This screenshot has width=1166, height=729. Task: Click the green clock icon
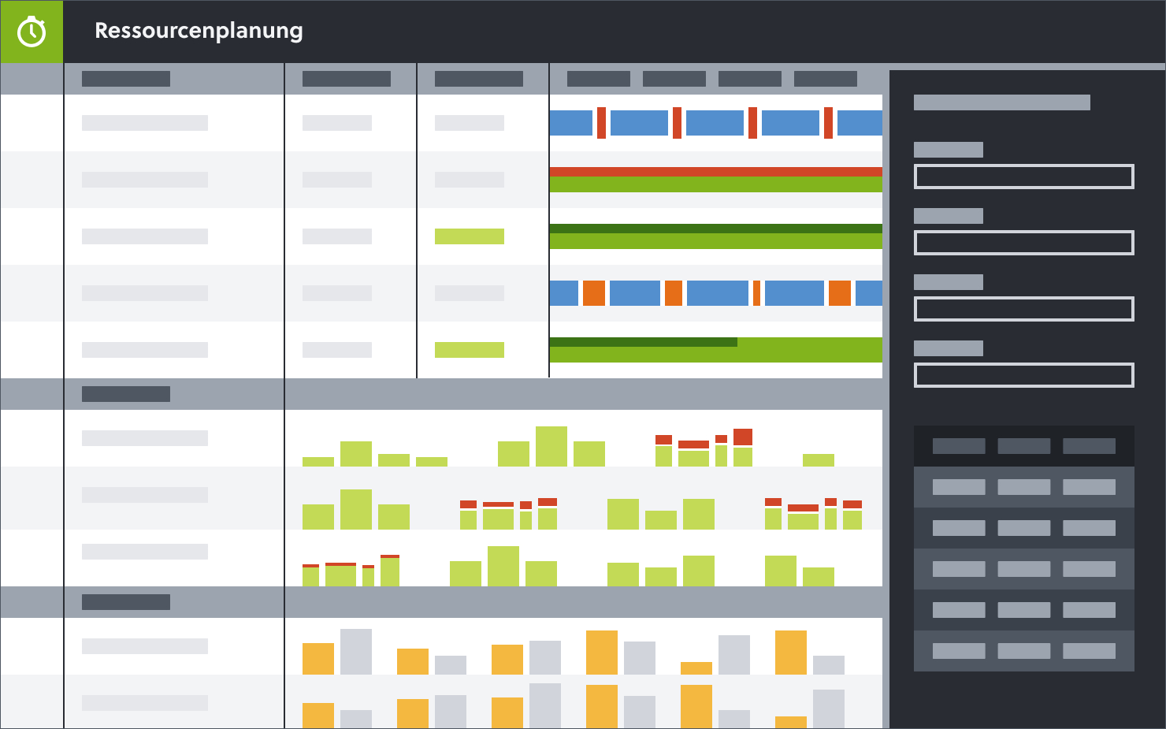[x=32, y=32]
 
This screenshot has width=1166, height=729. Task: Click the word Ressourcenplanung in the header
[x=199, y=31]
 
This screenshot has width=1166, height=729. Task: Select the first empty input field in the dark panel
[x=1023, y=177]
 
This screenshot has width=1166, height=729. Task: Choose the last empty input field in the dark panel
[x=1023, y=375]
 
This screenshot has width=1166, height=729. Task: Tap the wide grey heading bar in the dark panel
[x=1001, y=102]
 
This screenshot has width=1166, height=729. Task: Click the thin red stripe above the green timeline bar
[x=715, y=171]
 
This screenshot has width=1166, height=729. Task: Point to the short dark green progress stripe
[x=643, y=342]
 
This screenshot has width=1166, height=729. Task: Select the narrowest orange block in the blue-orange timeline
[x=756, y=293]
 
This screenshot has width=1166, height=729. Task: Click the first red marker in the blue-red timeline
[x=601, y=123]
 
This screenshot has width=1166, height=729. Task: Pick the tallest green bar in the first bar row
[x=551, y=447]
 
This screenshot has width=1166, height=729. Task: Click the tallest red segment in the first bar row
[x=743, y=437]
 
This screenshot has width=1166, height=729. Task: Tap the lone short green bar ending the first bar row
[x=819, y=460]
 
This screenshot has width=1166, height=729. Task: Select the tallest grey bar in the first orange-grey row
[x=356, y=652]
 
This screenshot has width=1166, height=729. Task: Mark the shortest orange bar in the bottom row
[x=791, y=722]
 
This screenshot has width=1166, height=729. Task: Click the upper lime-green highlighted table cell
[x=470, y=236]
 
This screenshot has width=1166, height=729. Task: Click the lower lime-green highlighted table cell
[x=470, y=350]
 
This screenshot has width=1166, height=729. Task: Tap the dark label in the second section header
[x=126, y=394]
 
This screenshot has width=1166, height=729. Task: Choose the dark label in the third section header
[x=126, y=602]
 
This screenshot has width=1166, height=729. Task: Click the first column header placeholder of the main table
[x=126, y=79]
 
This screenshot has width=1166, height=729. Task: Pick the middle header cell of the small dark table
[x=1023, y=446]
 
